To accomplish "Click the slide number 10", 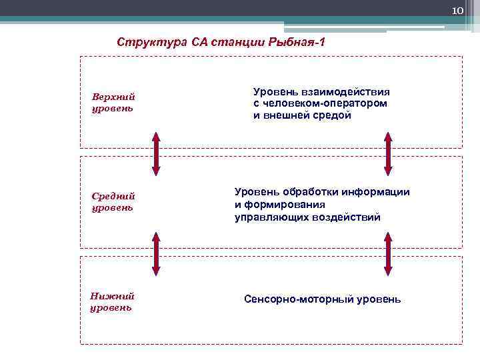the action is point(457,11).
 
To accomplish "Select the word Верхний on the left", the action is point(113,97).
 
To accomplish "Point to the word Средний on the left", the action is point(113,196).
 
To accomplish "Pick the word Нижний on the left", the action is point(112,296).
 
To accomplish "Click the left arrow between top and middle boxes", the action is point(156,153).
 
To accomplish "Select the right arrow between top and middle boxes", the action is point(388,153).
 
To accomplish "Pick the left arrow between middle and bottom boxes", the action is point(156,253).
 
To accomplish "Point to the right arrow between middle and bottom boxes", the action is point(388,253).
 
